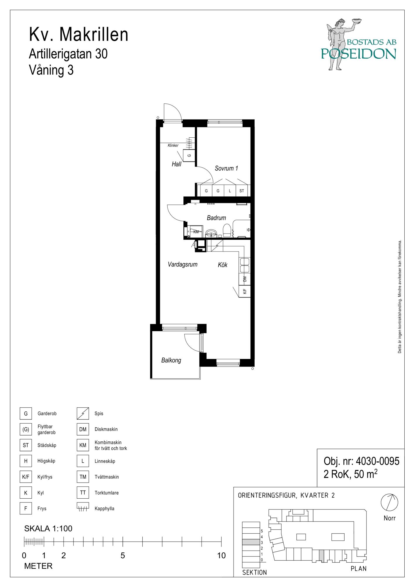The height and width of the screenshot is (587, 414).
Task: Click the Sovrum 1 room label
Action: [x=226, y=168]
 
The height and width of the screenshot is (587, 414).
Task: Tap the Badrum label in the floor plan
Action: [x=216, y=218]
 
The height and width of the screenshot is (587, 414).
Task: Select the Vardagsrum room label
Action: [x=183, y=264]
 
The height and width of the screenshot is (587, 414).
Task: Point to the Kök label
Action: [x=223, y=265]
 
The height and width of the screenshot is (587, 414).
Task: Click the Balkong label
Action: [x=171, y=360]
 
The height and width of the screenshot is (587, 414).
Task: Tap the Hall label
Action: [x=176, y=164]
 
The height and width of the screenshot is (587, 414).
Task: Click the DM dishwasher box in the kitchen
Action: [x=245, y=279]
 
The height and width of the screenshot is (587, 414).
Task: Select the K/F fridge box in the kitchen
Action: [x=245, y=291]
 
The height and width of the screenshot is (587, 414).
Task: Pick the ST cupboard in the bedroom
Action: [x=242, y=191]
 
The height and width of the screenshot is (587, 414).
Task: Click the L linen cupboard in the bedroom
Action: [x=230, y=191]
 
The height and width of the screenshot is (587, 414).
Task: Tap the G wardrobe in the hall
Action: [x=189, y=155]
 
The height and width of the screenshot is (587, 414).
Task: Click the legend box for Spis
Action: [x=83, y=413]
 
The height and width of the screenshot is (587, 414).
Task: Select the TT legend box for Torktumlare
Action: [x=83, y=492]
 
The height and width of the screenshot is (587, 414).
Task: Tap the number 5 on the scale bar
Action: [x=123, y=556]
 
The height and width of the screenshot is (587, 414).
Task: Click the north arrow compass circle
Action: [x=389, y=502]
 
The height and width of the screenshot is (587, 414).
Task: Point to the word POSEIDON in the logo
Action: [x=359, y=53]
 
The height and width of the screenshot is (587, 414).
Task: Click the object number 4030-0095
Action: [x=377, y=461]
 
